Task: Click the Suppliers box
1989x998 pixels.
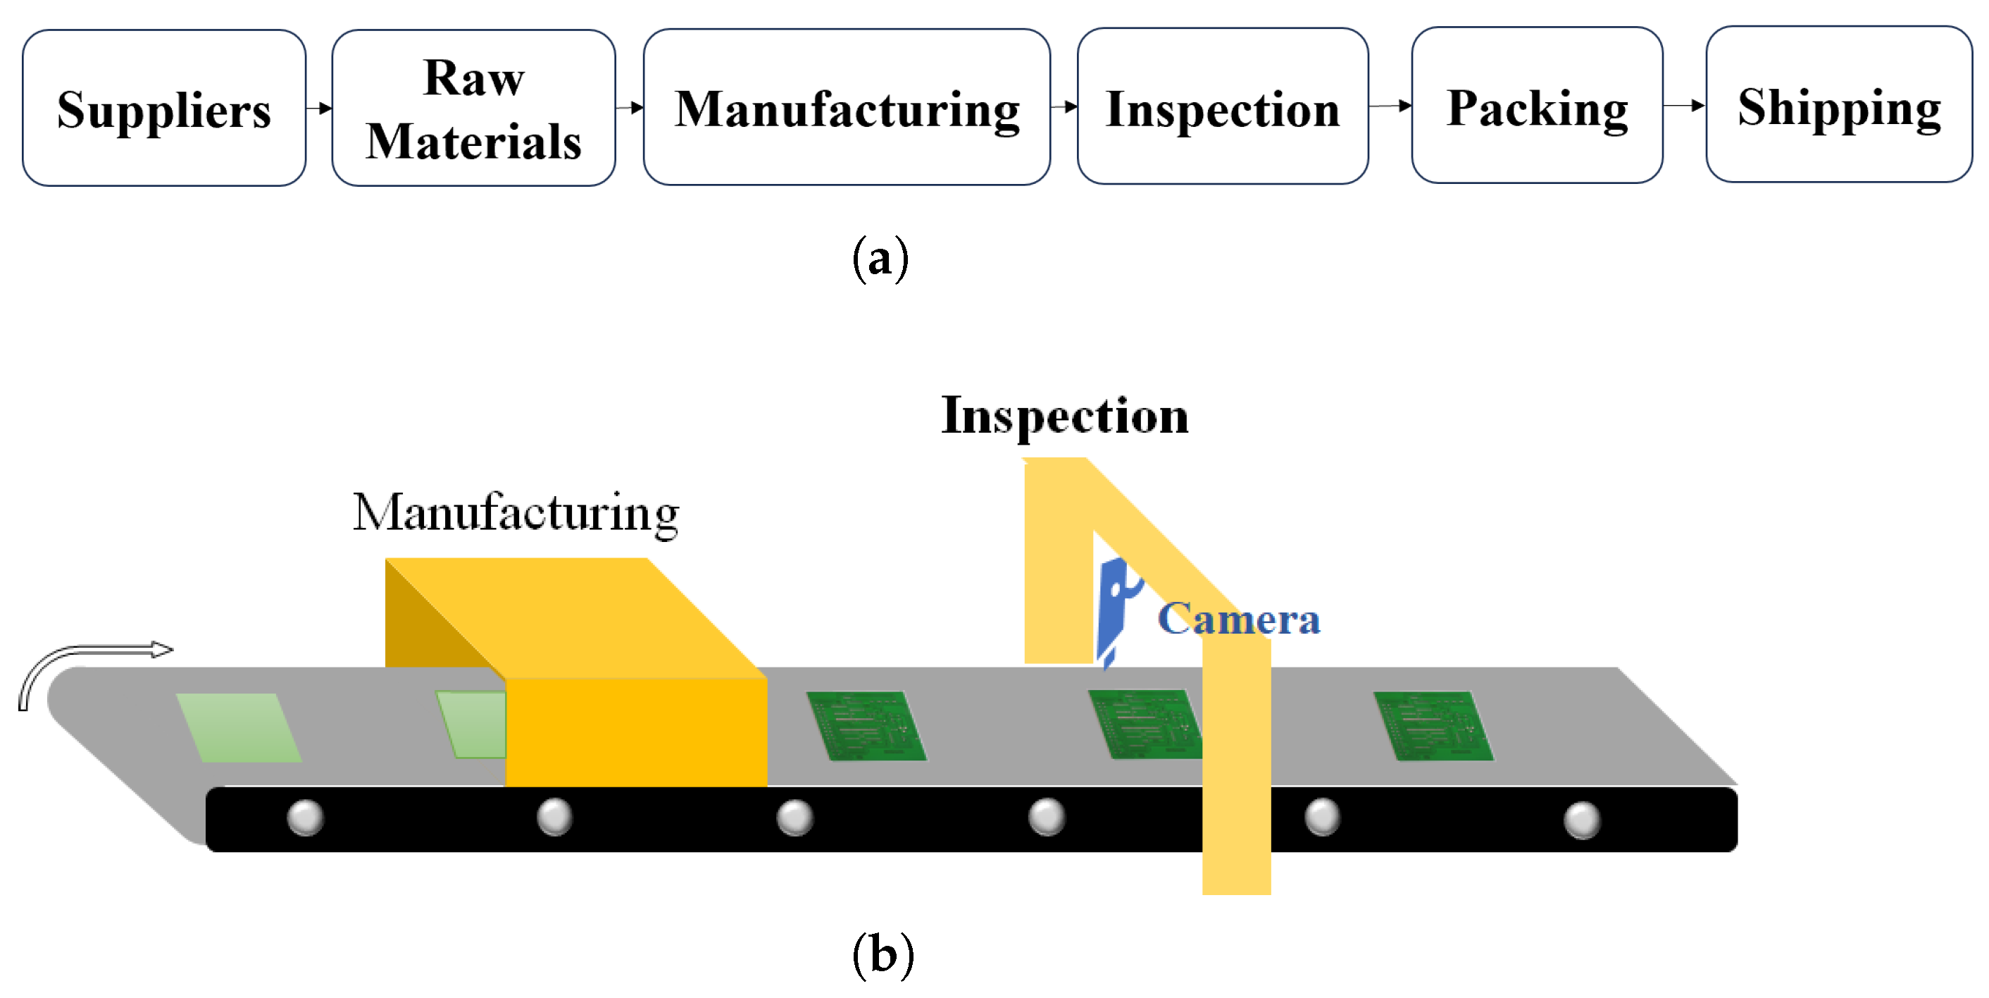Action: pos(163,108)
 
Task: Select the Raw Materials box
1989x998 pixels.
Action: pos(473,108)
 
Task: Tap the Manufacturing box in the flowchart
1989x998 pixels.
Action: pos(847,108)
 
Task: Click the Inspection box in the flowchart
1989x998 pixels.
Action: pos(1222,108)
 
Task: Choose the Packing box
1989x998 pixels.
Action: pos(1537,106)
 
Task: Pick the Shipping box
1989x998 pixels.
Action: pos(1838,106)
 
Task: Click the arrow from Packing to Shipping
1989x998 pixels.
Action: pos(1684,105)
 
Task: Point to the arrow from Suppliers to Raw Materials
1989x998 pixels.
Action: pos(319,107)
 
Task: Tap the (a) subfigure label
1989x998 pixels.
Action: pos(880,259)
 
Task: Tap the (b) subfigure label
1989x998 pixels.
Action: pos(883,955)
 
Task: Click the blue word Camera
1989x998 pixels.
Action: pos(1238,619)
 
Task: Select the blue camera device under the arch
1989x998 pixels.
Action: pos(1113,610)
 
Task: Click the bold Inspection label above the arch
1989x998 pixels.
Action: pos(1064,417)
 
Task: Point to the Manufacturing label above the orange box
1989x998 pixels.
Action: pos(516,513)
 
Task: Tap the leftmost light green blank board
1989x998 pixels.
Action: pos(238,727)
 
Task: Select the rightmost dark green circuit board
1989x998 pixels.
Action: pos(1433,726)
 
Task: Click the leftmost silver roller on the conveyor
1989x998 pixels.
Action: pos(305,818)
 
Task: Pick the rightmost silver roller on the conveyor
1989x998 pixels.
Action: pos(1581,820)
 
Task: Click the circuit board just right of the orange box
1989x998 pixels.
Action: pos(866,726)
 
